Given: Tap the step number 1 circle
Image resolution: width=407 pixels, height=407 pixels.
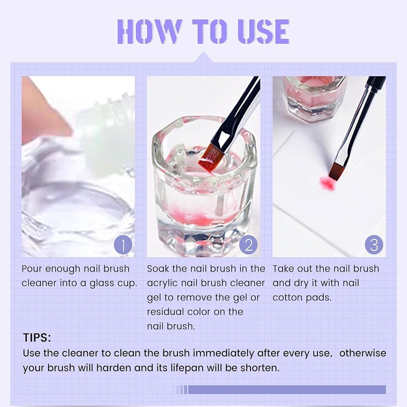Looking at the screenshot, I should coord(123,245).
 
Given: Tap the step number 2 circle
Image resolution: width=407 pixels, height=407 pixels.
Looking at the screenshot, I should coord(248,245).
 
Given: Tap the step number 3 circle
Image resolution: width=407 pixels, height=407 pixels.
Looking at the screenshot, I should coord(374,245).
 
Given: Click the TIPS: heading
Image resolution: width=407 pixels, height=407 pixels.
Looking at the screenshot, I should coord(37,338).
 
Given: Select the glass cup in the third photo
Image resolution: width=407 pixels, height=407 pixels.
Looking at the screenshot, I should coord(314,97).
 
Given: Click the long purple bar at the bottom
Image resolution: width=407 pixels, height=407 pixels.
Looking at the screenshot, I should coord(287,389).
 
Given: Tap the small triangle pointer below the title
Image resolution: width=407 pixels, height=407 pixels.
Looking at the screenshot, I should coord(204,57).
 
